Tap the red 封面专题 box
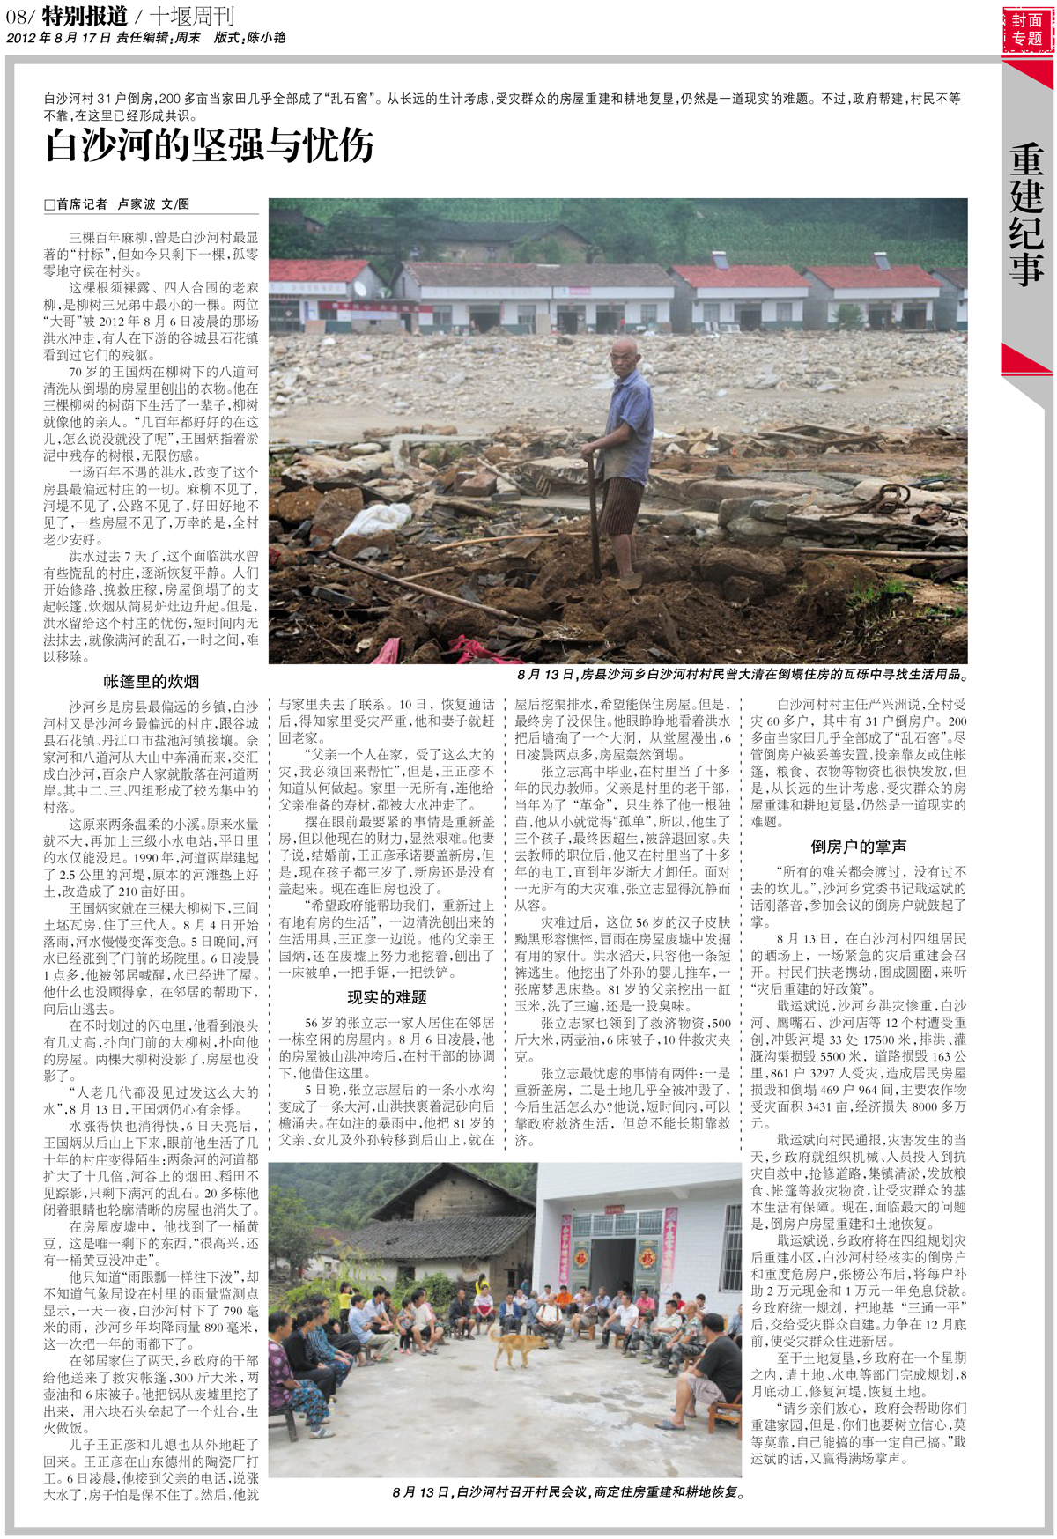point(1027,29)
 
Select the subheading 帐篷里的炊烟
point(151,681)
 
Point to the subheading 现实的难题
point(387,997)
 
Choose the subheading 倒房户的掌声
point(858,847)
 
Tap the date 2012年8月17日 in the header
point(58,38)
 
